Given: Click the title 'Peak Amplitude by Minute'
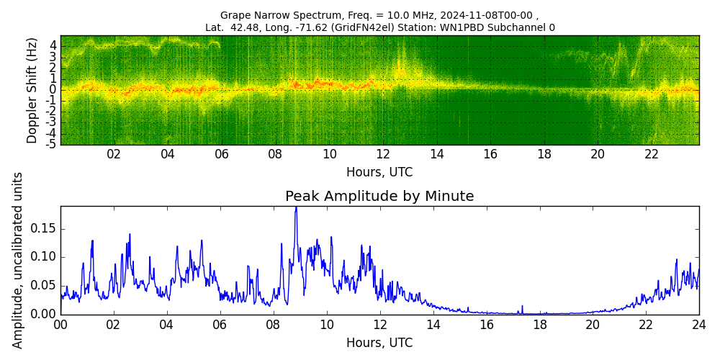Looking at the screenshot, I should click(x=379, y=197).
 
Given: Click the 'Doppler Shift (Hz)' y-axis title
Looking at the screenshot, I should click(x=32, y=91).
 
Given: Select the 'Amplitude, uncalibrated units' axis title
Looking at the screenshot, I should click(x=18, y=260).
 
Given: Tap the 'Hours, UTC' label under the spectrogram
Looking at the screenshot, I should click(x=379, y=173).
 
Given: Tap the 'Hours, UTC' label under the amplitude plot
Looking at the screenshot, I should click(x=379, y=343).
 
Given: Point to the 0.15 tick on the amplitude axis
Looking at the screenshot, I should click(x=42, y=229).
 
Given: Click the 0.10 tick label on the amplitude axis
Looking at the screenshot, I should click(x=42, y=257).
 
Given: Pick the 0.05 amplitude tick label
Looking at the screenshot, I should click(x=42, y=286).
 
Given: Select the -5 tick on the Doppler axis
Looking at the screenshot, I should click(x=52, y=145).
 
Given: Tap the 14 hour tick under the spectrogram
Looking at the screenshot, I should click(x=436, y=154).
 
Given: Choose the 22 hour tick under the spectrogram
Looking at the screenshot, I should click(x=651, y=154).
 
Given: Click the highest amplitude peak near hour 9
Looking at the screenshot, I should click(x=295, y=208).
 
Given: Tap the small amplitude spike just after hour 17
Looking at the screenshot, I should click(x=522, y=307).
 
